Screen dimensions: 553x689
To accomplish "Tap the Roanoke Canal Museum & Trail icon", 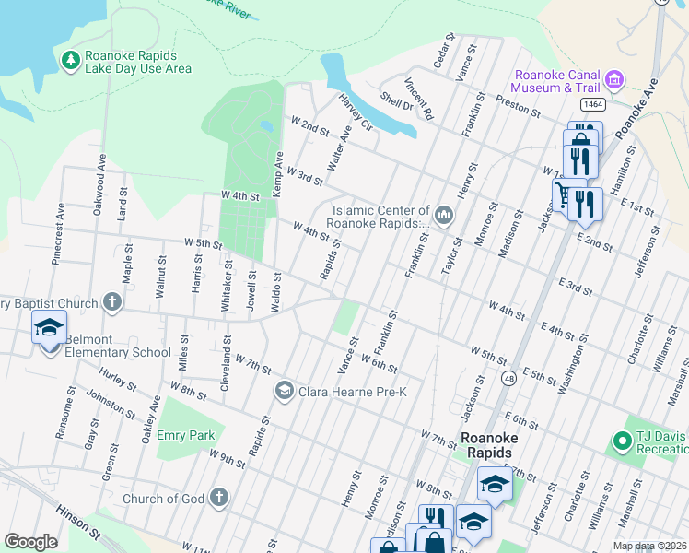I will click(615, 80).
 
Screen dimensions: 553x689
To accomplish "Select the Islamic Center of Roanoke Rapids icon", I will click(444, 217).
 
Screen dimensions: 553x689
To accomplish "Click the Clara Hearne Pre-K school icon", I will click(284, 392).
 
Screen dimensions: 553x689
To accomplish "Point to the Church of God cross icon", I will click(218, 499).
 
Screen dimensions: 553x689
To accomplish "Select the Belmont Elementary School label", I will click(118, 352).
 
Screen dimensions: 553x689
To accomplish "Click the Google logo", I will click(30, 542).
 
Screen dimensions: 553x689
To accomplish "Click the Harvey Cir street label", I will click(354, 113).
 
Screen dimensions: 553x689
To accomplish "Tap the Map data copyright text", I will click(648, 546).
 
